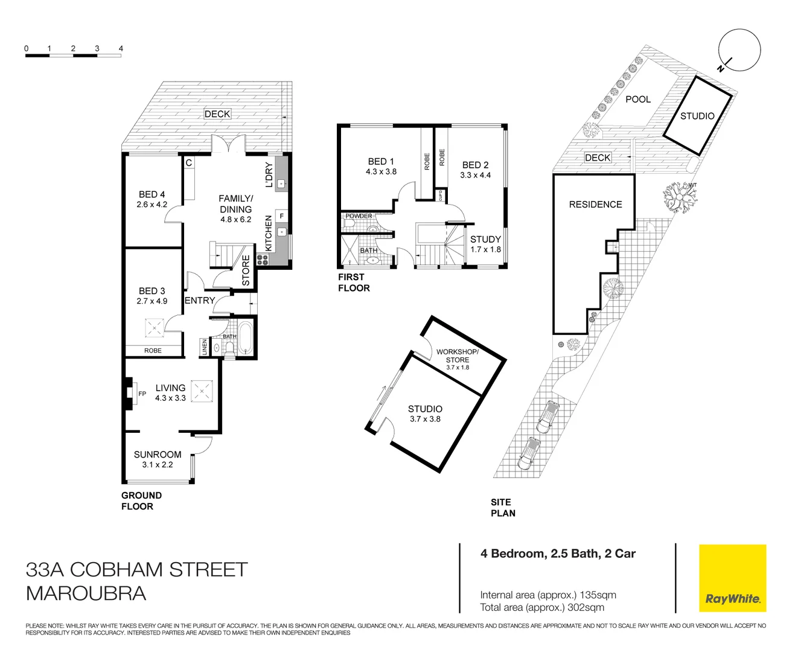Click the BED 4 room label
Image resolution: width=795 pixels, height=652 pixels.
[x=152, y=194]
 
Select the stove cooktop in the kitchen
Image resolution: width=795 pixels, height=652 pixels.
[x=263, y=260]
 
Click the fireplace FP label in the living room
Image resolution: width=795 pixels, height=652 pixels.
[x=142, y=394]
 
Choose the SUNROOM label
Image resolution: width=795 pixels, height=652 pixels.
[x=158, y=455]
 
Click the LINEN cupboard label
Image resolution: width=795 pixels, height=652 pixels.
[x=205, y=347]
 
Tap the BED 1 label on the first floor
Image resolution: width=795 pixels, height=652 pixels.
[x=381, y=162]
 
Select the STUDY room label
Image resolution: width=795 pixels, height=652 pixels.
[x=485, y=240]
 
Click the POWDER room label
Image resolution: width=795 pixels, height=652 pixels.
[x=359, y=216]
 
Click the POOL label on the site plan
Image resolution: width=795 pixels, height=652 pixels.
[x=638, y=100]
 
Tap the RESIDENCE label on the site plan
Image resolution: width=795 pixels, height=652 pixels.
[x=595, y=205]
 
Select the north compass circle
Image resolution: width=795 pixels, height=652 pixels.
[x=739, y=50]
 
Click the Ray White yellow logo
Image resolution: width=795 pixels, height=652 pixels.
[x=732, y=578]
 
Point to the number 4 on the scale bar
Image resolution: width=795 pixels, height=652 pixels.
[x=121, y=48]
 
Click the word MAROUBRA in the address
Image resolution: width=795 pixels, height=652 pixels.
[x=86, y=593]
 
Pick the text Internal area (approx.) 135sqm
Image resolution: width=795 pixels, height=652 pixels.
[x=548, y=595]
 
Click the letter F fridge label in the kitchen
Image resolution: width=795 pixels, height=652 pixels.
[x=281, y=216]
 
